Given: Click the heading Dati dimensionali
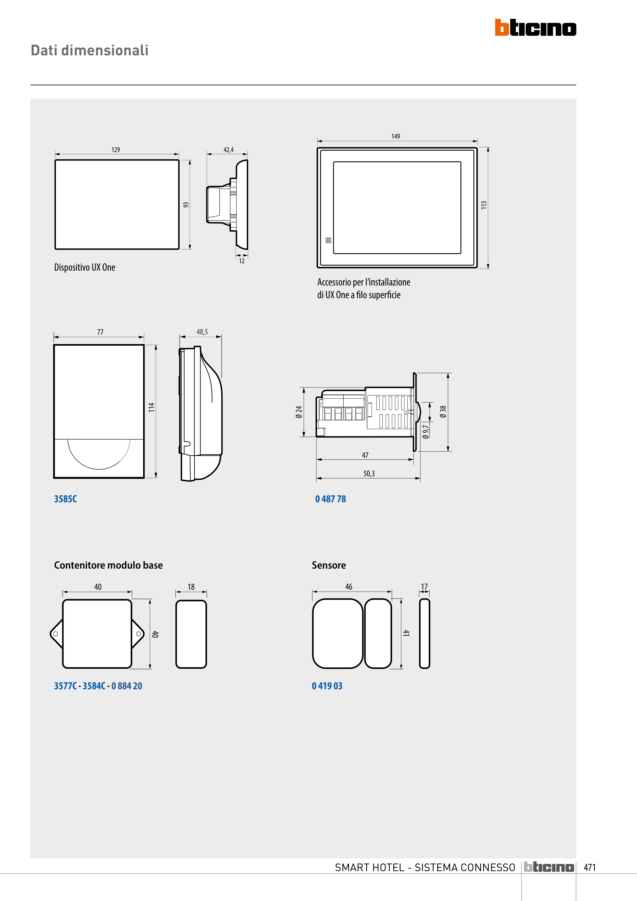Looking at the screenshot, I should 90,51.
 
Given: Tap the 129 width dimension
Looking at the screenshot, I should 116,149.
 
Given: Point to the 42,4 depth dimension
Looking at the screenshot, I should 228,149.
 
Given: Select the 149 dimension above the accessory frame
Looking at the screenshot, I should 396,136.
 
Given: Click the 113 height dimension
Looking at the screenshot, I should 484,205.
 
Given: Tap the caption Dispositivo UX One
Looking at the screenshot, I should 85,267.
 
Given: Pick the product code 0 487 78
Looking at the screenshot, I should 330,499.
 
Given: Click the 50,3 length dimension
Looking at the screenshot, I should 369,474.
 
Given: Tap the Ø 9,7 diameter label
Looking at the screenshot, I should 426,431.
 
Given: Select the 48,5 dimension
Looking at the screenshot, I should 202,332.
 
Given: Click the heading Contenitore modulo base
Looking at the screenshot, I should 108,565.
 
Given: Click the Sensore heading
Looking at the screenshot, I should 329,565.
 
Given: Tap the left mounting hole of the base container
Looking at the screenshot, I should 56,634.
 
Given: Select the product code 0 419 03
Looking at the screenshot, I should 327,686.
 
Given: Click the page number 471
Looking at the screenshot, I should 590,868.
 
